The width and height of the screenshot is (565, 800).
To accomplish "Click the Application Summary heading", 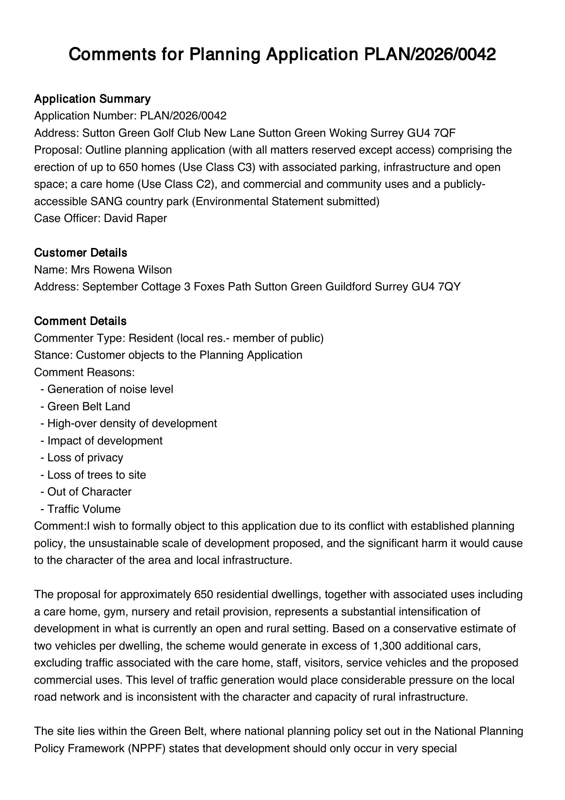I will (x=92, y=99).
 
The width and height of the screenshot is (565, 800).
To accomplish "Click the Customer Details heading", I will (x=81, y=253).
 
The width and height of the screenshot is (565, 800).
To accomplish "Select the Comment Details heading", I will (x=80, y=321).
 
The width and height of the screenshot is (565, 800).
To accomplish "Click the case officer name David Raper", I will (x=135, y=218).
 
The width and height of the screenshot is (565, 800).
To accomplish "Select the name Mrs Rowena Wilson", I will (x=121, y=270).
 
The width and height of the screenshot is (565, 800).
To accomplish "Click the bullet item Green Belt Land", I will (x=88, y=407).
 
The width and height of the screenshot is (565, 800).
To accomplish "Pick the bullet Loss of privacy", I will (x=85, y=458).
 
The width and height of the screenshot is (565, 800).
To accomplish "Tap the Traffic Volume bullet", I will (x=84, y=509).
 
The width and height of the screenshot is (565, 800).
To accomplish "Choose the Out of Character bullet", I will (x=89, y=492).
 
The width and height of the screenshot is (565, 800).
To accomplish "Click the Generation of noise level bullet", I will (x=110, y=389).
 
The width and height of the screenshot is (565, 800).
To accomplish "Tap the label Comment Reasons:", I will (x=84, y=372).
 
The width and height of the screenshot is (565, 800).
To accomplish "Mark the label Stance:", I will (x=53, y=355).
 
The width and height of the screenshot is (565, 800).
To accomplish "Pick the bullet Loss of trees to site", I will (x=97, y=475).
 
